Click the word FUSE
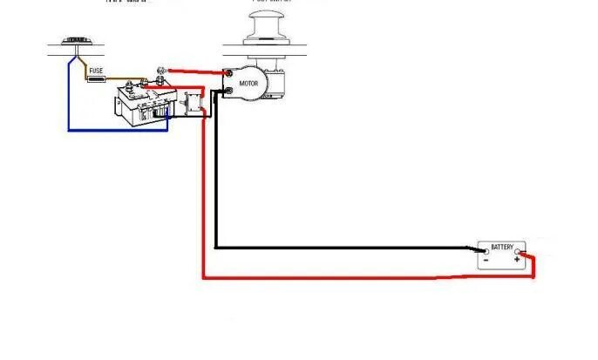pos(97,70)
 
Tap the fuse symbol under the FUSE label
pos(97,79)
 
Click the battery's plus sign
pos(517,260)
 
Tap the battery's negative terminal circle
pos(486,252)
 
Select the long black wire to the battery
pos(349,248)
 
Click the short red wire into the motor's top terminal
pos(196,71)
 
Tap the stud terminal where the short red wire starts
pos(161,71)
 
